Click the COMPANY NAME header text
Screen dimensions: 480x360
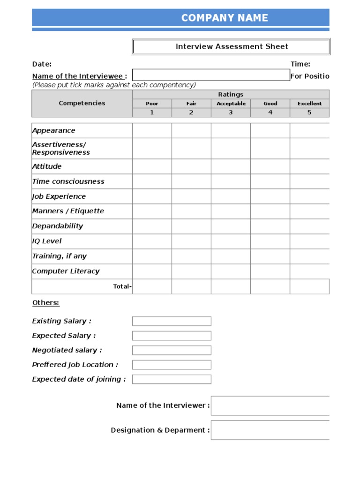[225, 18]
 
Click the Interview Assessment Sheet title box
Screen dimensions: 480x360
[232, 46]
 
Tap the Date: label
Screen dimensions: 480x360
[42, 64]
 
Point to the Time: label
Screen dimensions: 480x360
[300, 64]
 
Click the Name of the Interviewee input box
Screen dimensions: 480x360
[211, 75]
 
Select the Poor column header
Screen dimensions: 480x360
[152, 104]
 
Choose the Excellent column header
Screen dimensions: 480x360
[309, 104]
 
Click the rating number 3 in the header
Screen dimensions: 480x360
[231, 112]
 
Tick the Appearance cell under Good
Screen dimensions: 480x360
[270, 130]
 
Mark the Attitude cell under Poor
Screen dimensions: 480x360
[152, 166]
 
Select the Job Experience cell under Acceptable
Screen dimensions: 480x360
[231, 196]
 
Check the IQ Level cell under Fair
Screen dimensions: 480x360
[191, 241]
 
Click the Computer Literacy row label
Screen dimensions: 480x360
[66, 271]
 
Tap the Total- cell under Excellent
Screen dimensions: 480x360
[309, 286]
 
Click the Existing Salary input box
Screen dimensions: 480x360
[172, 321]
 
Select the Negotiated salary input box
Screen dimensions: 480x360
[172, 350]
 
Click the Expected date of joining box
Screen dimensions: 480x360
[172, 379]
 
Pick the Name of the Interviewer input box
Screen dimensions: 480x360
[270, 405]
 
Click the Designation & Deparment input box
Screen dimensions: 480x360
[270, 430]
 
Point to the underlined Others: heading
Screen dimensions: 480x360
[45, 303]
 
